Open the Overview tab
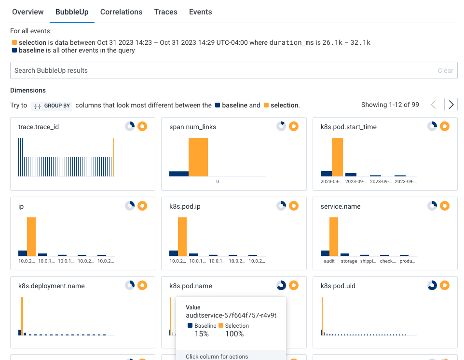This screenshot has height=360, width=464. pos(28,12)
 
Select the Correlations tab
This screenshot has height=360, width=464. pos(121,12)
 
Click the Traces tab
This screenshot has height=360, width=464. pos(165,12)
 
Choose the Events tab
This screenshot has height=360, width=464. pos(200,12)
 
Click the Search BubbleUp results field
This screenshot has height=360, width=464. pos(222,70)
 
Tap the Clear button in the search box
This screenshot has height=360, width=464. pos(445,70)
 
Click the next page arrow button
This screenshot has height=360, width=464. pos(450,105)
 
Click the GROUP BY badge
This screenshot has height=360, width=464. pos(51,106)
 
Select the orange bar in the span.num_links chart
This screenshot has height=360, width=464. pos(198,157)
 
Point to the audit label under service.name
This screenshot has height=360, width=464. pos(329,261)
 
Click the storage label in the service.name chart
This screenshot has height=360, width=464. pos(349,261)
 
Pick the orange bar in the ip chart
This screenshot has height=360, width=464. pos(31,237)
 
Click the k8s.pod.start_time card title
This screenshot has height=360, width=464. pos(348,127)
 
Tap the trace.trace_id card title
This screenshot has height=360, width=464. pos(39,127)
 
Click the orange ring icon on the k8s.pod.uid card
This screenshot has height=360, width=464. pos(445,285)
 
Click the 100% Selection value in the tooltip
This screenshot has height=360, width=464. pos(234,333)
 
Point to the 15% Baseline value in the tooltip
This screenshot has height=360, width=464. pos(202,333)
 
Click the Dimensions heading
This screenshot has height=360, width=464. pos(28,90)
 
